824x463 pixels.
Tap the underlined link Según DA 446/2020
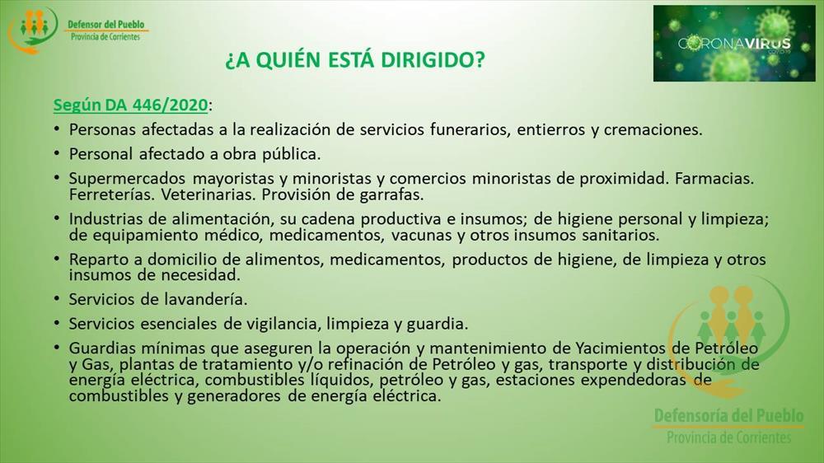coord(131,105)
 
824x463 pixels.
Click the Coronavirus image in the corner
coord(734,43)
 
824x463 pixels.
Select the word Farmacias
coord(714,179)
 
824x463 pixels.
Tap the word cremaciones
coord(653,129)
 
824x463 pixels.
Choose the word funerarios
coord(470,129)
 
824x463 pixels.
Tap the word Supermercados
coord(127,179)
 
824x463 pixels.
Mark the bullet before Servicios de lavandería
coord(57,298)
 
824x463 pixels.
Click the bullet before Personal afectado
coord(57,153)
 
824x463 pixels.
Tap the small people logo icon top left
coord(33,30)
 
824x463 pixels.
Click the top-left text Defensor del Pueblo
coord(105,24)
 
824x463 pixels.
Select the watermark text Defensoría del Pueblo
coord(728,416)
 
